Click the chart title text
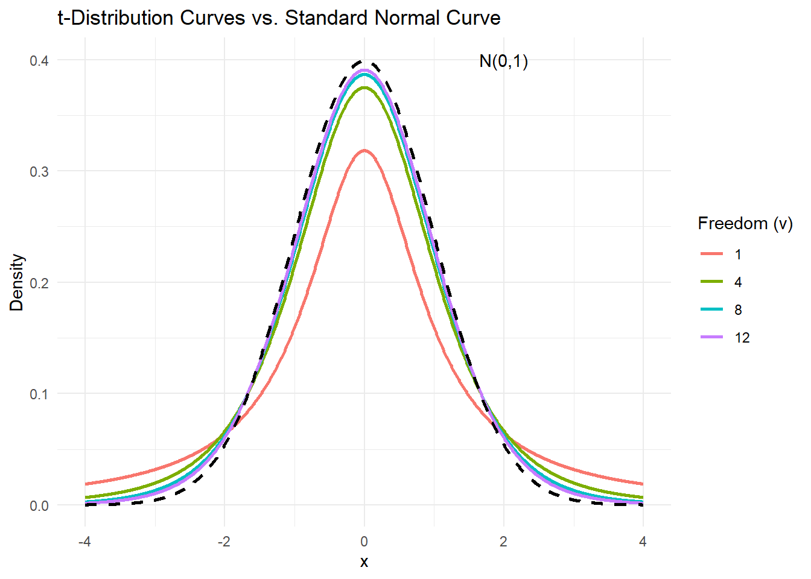coord(279,18)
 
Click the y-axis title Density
coord(17,282)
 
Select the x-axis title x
coord(364,562)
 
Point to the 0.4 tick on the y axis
coord(40,60)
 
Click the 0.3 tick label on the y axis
coord(40,171)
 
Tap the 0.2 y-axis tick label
coord(40,283)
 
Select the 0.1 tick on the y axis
coord(40,394)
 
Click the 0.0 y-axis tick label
coord(40,505)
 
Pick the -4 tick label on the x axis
coord(84,542)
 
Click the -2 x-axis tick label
coord(224,542)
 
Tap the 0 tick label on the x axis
coord(364,542)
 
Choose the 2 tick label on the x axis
coord(503,542)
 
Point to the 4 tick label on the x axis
coord(643,542)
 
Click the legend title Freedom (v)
coord(745,224)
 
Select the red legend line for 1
coord(712,254)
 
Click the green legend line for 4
coord(712,282)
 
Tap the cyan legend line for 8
coord(712,309)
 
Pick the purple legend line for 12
coord(712,337)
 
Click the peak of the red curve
coord(364,151)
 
